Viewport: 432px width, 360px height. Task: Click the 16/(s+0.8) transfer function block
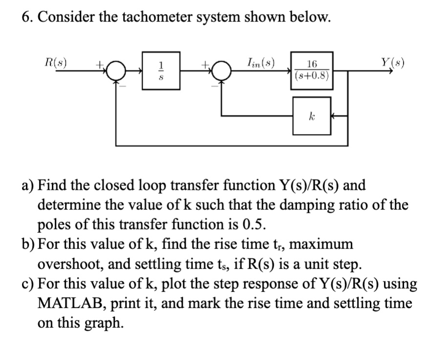click(x=312, y=70)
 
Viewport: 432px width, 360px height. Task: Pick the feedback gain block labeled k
click(x=311, y=116)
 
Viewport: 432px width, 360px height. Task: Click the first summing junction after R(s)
click(x=116, y=71)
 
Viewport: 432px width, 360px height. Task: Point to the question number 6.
click(x=26, y=18)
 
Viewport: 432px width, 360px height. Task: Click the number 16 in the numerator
click(x=312, y=64)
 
